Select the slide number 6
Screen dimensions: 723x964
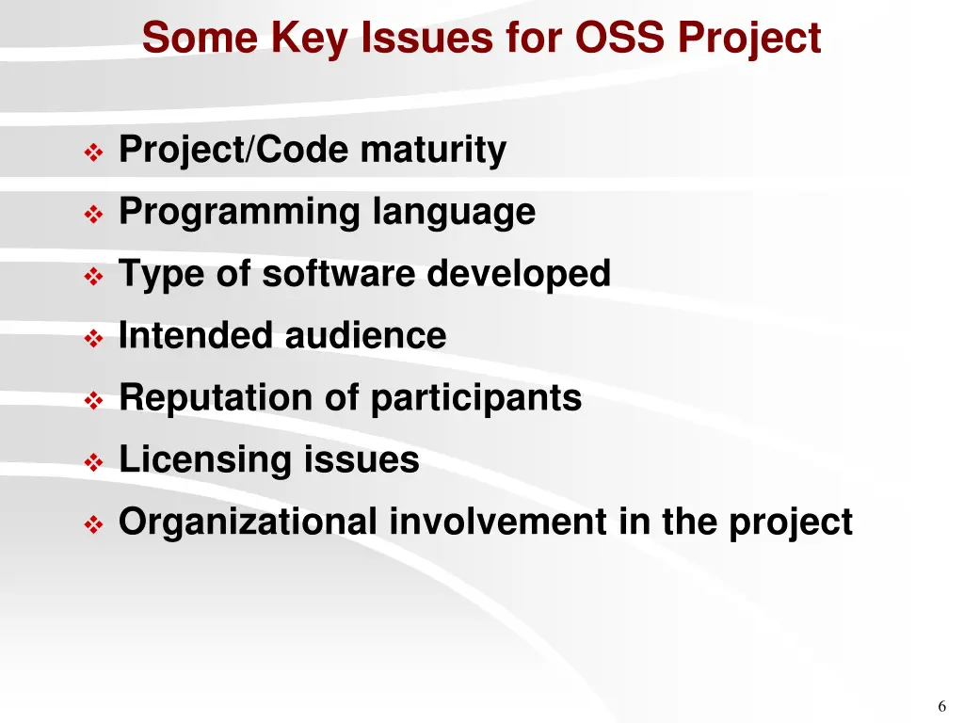pos(941,707)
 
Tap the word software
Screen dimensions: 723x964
pos(339,274)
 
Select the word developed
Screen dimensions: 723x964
pos(519,275)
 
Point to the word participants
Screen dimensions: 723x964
pos(475,399)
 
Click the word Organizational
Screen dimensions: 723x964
pos(248,522)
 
